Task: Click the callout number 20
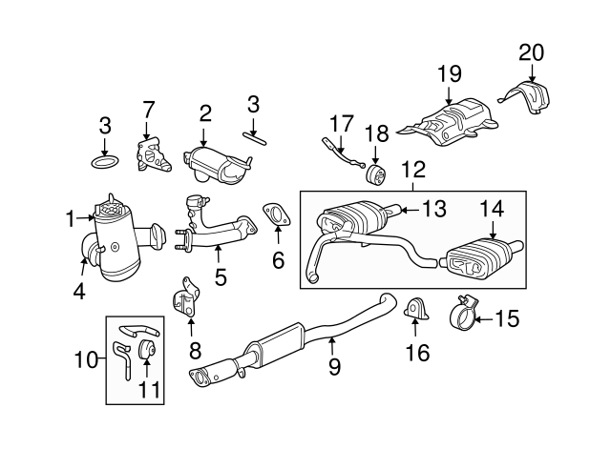531,52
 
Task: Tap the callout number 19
450,73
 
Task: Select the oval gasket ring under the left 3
105,162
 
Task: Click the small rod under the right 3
255,138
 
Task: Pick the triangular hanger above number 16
416,309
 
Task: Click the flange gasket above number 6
276,214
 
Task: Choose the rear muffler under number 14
481,257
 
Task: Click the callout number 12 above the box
413,170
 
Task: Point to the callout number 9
335,366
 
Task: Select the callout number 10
86,359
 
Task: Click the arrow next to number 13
410,210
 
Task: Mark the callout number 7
149,111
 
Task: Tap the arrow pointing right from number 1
85,218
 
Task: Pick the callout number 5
221,277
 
